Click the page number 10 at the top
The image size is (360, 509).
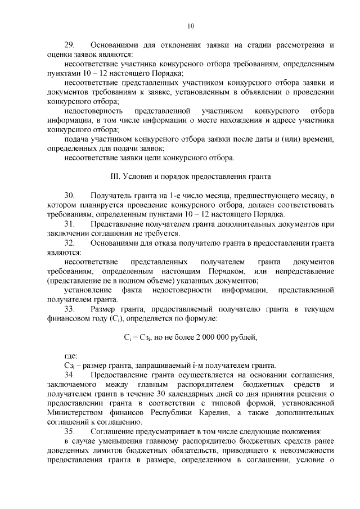tap(191, 25)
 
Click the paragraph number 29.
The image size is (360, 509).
tap(69, 44)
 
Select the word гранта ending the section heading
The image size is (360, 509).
tap(259, 176)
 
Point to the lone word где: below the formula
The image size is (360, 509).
tap(71, 356)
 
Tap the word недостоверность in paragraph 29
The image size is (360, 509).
tap(90, 110)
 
